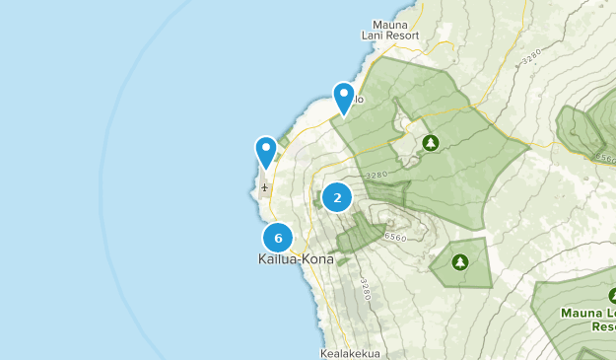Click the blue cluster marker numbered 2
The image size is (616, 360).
click(337, 197)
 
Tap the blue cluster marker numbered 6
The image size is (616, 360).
click(279, 238)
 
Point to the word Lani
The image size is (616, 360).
click(385, 36)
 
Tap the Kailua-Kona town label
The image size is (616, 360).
click(296, 259)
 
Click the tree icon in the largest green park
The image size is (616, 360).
click(430, 143)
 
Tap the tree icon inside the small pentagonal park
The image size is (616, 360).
click(459, 262)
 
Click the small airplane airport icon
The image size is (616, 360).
click(264, 185)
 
